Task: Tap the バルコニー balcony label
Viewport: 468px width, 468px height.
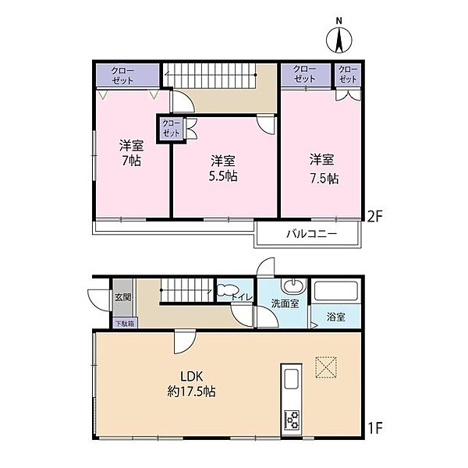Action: tap(311, 234)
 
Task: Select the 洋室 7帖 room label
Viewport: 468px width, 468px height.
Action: tap(132, 153)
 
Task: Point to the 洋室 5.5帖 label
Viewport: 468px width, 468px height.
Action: tap(223, 168)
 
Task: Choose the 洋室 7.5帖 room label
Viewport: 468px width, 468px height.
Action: tap(324, 169)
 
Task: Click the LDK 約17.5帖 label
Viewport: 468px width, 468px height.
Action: tap(191, 384)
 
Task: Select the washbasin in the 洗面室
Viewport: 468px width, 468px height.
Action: tap(294, 286)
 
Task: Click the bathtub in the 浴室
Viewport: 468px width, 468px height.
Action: tap(335, 291)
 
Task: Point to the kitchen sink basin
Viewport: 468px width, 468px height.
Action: tap(291, 379)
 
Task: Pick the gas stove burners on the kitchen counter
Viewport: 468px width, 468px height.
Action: tap(292, 420)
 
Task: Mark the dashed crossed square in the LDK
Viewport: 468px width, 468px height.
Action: tap(326, 367)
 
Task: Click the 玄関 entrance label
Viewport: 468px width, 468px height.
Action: tap(123, 297)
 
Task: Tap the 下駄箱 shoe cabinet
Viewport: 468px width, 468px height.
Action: tap(125, 323)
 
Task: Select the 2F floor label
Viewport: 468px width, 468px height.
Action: tap(374, 217)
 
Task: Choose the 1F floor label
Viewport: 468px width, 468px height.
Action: tap(375, 429)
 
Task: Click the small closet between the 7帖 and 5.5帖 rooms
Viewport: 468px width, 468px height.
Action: tap(171, 128)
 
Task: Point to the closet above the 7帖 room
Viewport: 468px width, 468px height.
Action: tap(127, 76)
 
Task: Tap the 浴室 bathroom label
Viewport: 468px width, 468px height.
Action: tap(336, 317)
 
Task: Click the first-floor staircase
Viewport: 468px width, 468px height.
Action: tap(186, 290)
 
